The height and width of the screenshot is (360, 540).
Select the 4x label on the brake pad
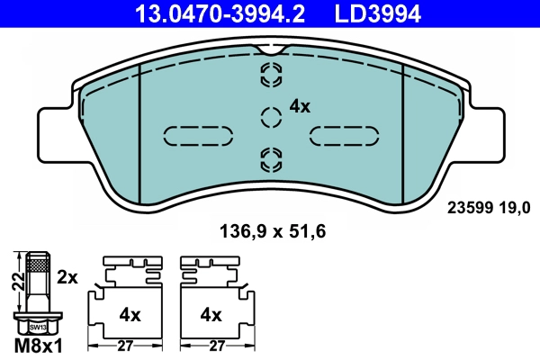[300, 106]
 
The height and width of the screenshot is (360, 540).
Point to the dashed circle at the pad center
[270, 115]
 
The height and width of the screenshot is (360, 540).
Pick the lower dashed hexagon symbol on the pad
[270, 159]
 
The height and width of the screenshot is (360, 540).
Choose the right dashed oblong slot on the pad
[344, 136]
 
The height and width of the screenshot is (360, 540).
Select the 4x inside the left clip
[130, 314]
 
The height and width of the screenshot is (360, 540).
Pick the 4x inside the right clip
[210, 314]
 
